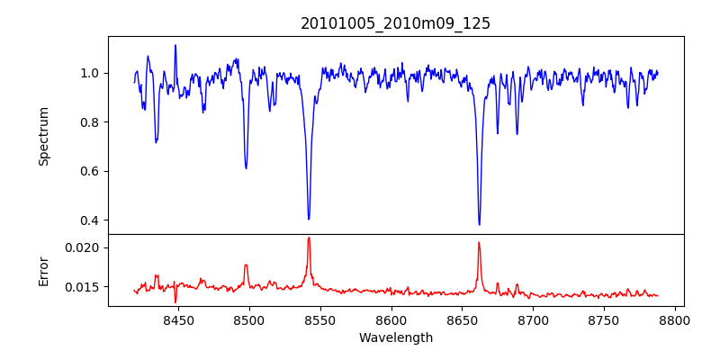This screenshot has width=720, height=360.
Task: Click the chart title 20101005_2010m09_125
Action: pyautogui.click(x=395, y=23)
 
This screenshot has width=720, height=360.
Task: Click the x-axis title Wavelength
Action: pyautogui.click(x=395, y=337)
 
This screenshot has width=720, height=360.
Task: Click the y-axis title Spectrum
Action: pyautogui.click(x=44, y=136)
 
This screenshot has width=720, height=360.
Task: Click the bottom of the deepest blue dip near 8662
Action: pyautogui.click(x=479, y=224)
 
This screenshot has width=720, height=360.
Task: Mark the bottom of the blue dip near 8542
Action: pyautogui.click(x=309, y=219)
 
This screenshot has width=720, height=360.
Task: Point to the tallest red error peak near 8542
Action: pyautogui.click(x=309, y=238)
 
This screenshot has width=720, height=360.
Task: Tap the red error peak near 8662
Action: pyautogui.click(x=479, y=242)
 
